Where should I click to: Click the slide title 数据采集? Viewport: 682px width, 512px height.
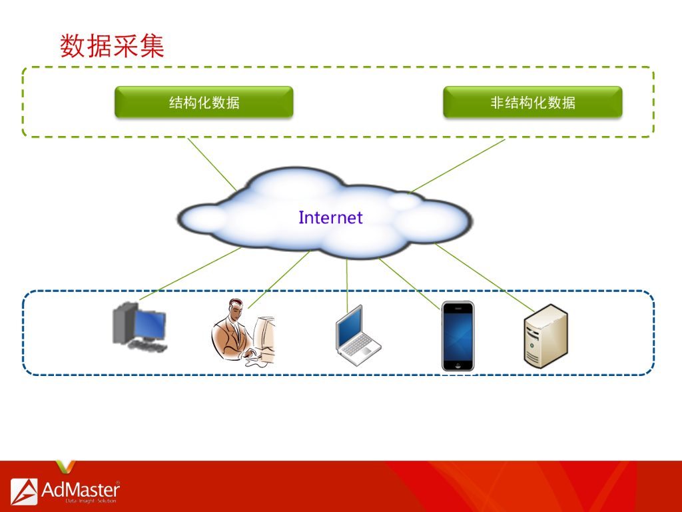[112, 46]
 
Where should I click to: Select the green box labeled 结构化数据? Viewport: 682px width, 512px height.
[204, 102]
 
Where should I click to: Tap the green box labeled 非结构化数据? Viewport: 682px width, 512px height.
[532, 102]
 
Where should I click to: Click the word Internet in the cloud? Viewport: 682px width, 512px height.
[330, 217]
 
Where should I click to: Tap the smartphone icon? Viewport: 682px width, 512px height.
[458, 336]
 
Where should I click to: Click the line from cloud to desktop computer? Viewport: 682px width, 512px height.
[190, 274]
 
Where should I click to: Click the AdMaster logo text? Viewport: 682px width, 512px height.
[80, 489]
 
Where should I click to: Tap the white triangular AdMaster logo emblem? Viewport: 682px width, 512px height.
[24, 491]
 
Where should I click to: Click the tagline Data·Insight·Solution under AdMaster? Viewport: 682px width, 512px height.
[91, 501]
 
